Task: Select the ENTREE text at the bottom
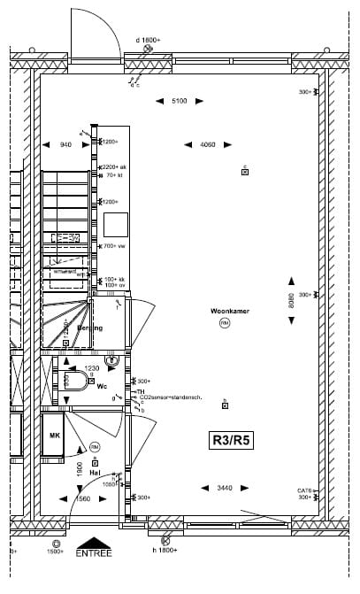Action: point(94,553)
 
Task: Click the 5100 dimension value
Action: point(179,102)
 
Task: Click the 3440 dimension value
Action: point(226,488)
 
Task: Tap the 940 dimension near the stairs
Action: point(65,144)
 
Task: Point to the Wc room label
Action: point(103,387)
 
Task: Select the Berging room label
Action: point(89,328)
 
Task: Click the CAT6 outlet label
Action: point(304,491)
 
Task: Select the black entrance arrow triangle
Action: point(94,543)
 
